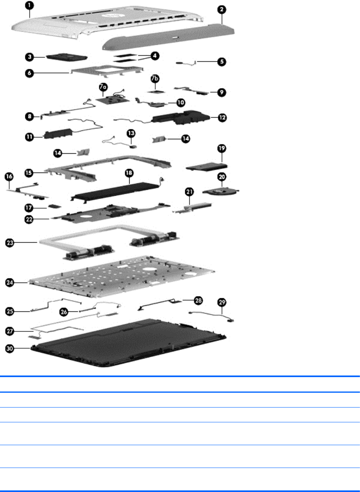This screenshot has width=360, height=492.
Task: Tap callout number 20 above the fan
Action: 221,177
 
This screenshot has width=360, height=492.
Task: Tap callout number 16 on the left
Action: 10,176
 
